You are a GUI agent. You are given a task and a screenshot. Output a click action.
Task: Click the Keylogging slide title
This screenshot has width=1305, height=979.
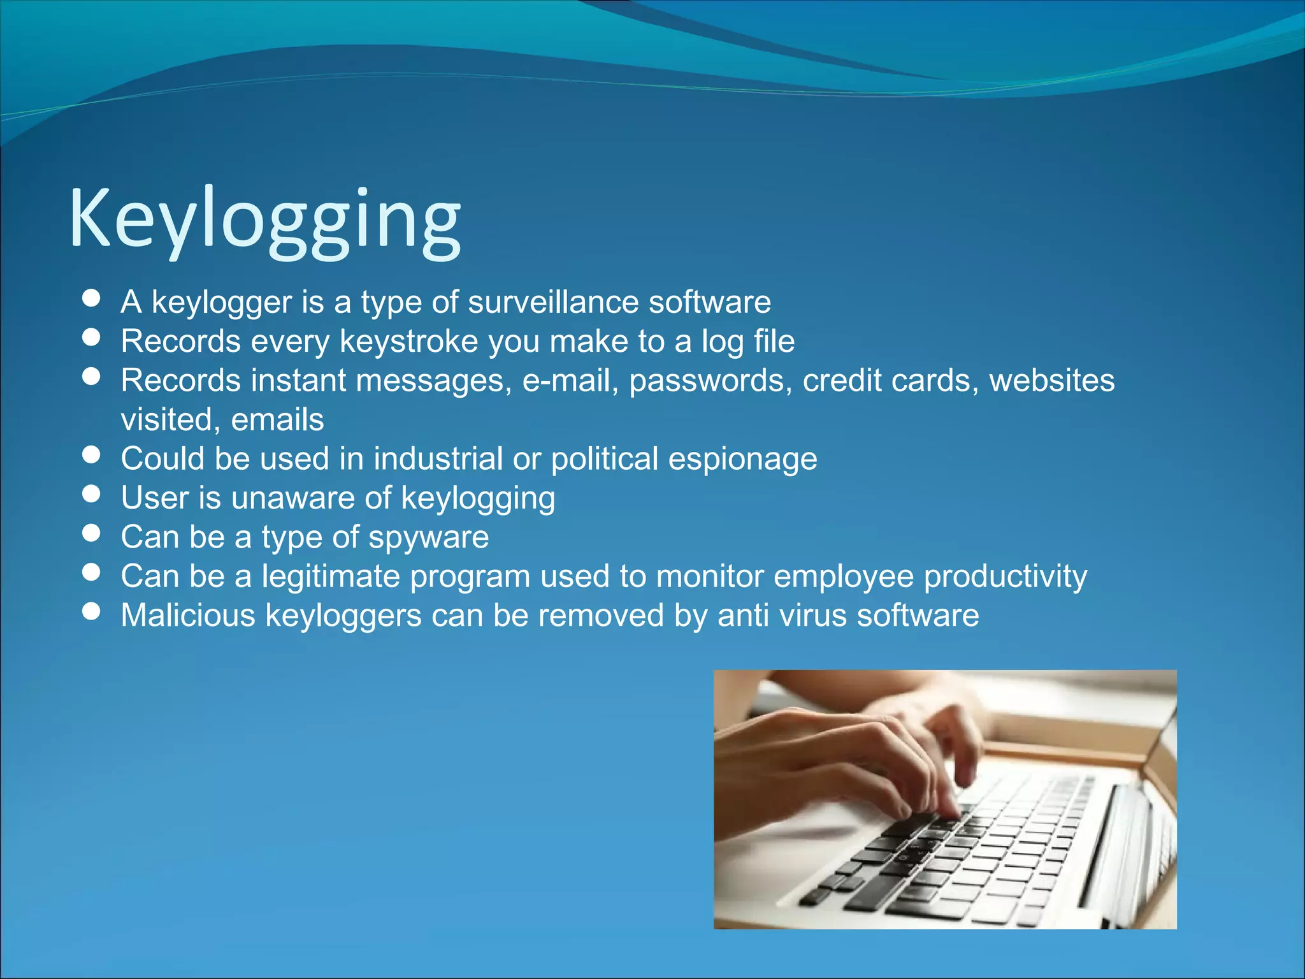264,220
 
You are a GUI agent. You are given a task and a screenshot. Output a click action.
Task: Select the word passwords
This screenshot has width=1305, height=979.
710,381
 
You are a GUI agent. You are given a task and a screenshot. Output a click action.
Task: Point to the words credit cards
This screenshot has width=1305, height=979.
890,381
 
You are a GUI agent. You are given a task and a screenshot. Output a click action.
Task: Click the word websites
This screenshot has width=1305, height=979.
1051,381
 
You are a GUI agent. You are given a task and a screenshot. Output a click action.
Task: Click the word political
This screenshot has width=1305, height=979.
604,459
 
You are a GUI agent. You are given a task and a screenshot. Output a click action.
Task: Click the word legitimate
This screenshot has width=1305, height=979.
331,576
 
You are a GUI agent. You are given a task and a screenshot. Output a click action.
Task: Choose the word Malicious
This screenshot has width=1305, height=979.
188,616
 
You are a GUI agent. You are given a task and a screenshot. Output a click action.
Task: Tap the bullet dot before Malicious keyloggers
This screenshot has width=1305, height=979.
92,611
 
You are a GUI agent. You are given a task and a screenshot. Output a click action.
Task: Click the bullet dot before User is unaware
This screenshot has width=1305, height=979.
92,494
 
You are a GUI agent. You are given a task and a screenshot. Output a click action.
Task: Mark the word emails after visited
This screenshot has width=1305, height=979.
277,420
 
